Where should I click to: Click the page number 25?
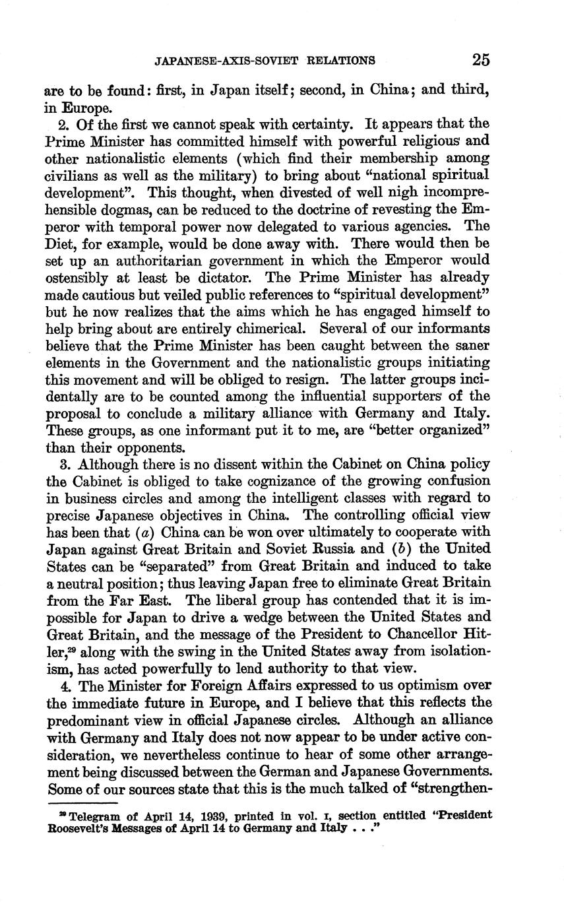(x=480, y=60)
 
